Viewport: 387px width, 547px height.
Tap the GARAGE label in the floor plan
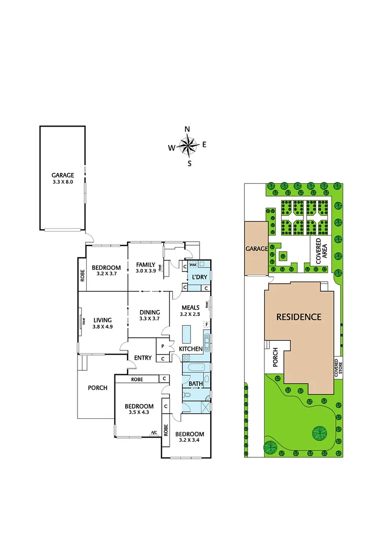click(x=63, y=175)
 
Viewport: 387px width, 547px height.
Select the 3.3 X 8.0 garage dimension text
click(x=63, y=181)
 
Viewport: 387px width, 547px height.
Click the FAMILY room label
click(x=145, y=264)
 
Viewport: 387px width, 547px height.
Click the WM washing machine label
click(x=193, y=264)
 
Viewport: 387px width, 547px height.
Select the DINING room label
click(x=149, y=312)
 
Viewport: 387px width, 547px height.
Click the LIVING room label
click(x=102, y=320)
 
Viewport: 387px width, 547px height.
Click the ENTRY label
click(x=143, y=358)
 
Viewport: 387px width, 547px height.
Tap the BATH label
click(x=196, y=383)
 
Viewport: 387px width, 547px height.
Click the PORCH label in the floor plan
click(x=98, y=388)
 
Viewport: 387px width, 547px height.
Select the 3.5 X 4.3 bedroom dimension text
click(x=139, y=413)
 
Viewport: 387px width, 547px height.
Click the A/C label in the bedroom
click(x=153, y=433)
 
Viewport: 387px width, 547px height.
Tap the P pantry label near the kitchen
click(x=163, y=346)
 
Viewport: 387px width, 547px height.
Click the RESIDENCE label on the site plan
click(x=298, y=318)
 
